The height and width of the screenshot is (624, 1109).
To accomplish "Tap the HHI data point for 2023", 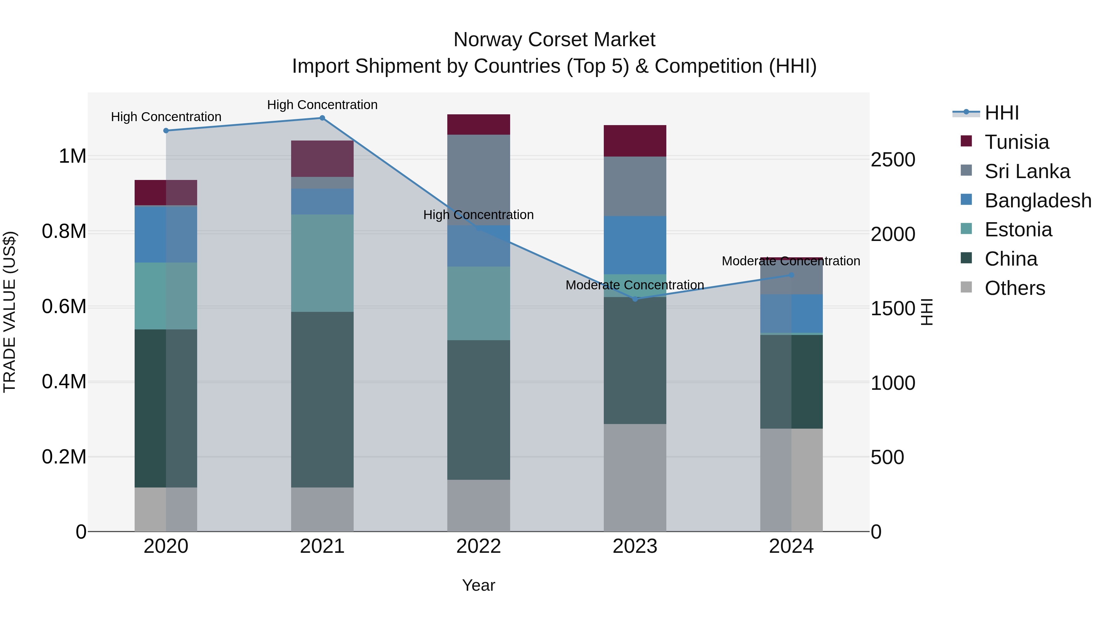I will (635, 299).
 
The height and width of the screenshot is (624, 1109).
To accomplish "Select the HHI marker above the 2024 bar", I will (791, 275).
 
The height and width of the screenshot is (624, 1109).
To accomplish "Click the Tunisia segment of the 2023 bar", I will (635, 141).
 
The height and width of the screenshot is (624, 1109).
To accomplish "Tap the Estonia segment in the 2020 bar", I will (166, 296).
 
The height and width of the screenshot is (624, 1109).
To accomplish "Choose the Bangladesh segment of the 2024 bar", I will (791, 313).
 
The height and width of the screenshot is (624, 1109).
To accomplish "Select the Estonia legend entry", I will (1018, 230).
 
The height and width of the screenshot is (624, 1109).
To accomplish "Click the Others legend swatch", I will (966, 287).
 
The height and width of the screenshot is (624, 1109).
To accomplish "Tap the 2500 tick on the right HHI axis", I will (892, 160).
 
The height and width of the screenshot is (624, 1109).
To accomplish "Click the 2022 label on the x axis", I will (478, 546).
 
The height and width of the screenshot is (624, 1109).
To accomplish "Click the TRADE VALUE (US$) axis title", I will (10, 312).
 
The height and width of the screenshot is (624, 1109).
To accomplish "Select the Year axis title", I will (478, 585).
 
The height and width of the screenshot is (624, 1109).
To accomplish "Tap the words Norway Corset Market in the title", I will (554, 40).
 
